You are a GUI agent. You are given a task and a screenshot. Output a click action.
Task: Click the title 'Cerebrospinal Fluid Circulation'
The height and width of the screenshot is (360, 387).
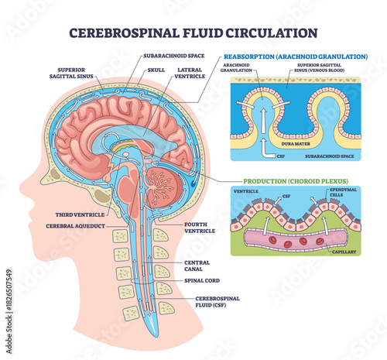(193, 33)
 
